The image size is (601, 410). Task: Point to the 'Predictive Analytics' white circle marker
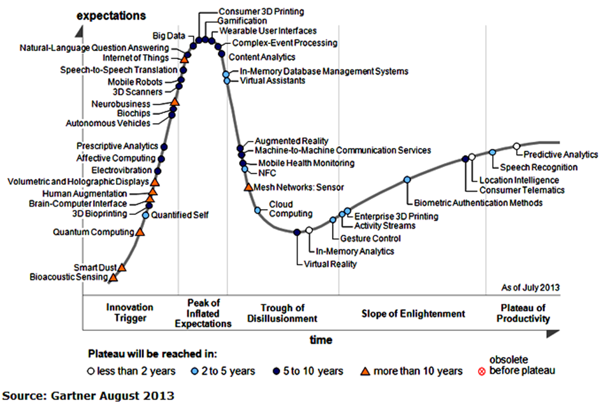click(516, 147)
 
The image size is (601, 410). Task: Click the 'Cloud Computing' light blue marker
click(257, 210)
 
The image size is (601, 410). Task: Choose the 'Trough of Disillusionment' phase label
click(280, 313)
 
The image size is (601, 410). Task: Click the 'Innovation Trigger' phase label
click(130, 312)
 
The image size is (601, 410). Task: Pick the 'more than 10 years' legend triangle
click(366, 371)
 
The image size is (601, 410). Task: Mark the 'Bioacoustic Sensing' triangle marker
click(113, 277)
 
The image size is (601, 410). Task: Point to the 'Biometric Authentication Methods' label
click(478, 203)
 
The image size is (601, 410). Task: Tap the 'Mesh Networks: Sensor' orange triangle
click(248, 187)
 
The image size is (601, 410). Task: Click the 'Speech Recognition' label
click(539, 167)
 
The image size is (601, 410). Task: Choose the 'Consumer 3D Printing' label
click(261, 11)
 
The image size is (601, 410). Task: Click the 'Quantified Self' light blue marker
click(145, 216)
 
